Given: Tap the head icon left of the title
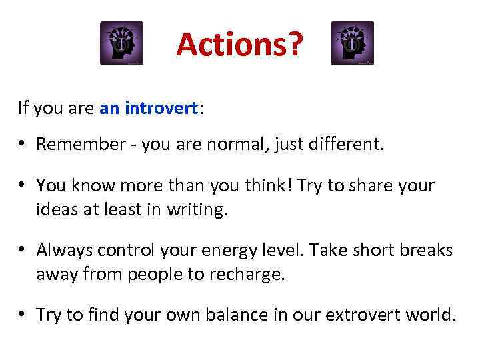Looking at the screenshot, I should tap(121, 43).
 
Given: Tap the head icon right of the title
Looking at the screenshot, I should tap(352, 43).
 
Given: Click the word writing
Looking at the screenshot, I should tap(199, 211).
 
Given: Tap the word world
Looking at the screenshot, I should tap(435, 315).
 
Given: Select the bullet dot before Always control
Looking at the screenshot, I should tap(24, 250).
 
